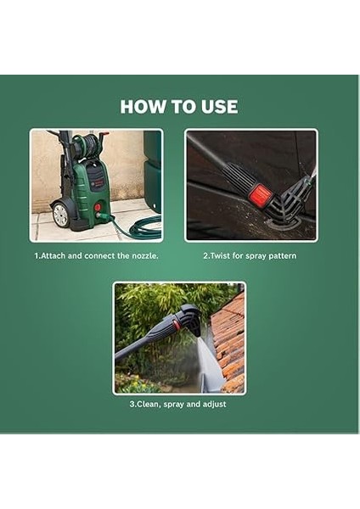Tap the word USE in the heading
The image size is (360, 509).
[217, 107]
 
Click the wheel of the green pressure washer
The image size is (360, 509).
[60, 215]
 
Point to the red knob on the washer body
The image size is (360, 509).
[98, 206]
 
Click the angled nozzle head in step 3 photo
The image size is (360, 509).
[191, 318]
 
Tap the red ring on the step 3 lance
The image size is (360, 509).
[177, 324]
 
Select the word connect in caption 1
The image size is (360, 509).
[94, 255]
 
